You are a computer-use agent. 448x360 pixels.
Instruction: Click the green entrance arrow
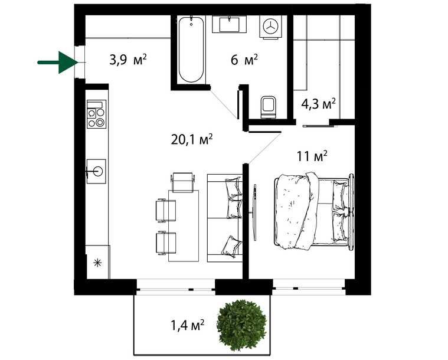[x=58, y=61]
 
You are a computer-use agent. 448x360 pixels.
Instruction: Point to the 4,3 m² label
[x=318, y=104]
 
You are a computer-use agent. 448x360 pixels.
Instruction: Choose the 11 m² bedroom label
[x=312, y=157]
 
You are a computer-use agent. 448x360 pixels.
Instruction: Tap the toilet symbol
[x=268, y=106]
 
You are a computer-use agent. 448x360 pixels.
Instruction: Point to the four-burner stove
[x=96, y=114]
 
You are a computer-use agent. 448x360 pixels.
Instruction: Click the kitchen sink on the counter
[x=96, y=171]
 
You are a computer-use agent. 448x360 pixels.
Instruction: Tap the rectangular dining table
[x=184, y=225]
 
